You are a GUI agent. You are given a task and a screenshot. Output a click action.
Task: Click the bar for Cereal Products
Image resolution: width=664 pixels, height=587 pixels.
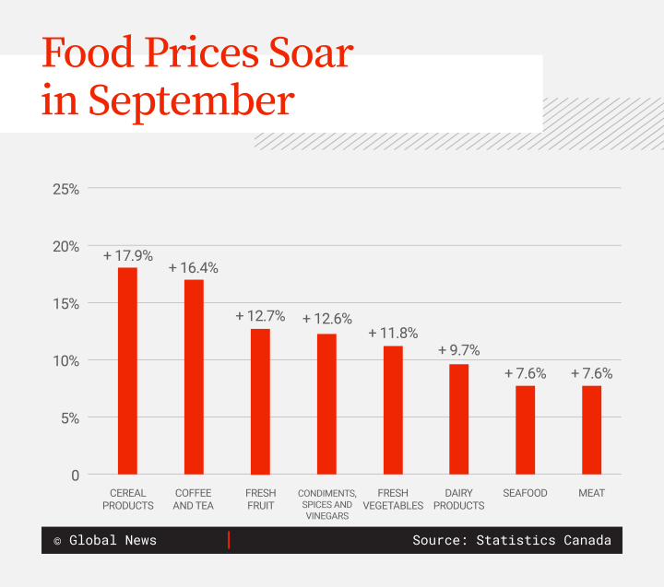pyautogui.click(x=127, y=370)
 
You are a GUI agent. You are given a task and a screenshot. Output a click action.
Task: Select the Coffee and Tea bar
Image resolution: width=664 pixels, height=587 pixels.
pyautogui.click(x=194, y=377)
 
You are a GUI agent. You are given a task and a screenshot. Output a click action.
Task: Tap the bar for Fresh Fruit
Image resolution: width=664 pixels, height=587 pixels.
pyautogui.click(x=260, y=401)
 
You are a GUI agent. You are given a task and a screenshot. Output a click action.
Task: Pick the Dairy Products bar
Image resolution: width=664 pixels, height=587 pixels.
pyautogui.click(x=458, y=419)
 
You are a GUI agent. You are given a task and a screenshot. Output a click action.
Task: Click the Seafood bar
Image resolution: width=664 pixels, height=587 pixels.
pyautogui.click(x=525, y=429)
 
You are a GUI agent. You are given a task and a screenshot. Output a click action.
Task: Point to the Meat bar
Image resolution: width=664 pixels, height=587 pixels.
pyautogui.click(x=591, y=429)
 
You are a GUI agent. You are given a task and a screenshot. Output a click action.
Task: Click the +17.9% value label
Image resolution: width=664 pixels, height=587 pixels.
pyautogui.click(x=127, y=255)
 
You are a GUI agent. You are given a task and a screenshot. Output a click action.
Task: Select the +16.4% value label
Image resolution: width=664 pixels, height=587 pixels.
pyautogui.click(x=194, y=268)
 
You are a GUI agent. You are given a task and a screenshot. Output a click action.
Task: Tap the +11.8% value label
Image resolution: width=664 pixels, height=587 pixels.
pyautogui.click(x=393, y=333)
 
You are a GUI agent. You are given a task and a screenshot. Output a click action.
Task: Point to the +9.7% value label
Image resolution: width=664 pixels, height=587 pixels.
pyautogui.click(x=458, y=350)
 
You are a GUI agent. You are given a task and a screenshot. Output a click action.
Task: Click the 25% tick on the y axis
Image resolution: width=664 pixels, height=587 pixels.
pyautogui.click(x=65, y=189)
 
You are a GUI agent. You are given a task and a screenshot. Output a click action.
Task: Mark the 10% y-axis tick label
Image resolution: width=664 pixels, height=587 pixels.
pyautogui.click(x=65, y=360)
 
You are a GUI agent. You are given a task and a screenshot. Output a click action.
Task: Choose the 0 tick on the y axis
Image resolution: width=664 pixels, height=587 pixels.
pyautogui.click(x=74, y=475)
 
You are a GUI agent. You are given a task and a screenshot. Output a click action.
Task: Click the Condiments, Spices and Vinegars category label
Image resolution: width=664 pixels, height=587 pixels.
pyautogui.click(x=326, y=505)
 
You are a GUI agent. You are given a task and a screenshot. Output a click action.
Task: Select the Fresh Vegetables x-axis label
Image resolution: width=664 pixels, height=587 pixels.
pyautogui.click(x=393, y=499)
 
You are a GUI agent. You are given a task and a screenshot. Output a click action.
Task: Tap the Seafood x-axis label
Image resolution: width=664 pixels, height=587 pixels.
pyautogui.click(x=525, y=493)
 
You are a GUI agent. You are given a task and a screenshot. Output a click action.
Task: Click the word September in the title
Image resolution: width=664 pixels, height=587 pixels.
pyautogui.click(x=192, y=101)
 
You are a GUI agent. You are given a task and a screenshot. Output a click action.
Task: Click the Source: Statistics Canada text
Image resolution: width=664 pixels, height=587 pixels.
pyautogui.click(x=511, y=541)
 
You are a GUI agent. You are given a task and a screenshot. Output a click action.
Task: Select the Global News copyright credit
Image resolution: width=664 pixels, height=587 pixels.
pyautogui.click(x=105, y=541)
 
